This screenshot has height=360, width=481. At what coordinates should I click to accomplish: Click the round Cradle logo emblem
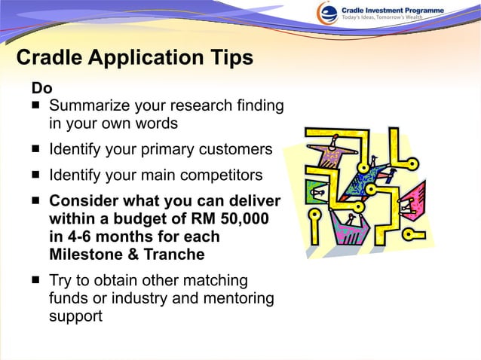coord(326,13)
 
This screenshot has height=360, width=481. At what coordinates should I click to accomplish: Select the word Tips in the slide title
coord(229,58)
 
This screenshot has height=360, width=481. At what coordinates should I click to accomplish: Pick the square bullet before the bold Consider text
coord(35,201)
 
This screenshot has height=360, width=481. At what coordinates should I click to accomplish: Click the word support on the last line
coord(75,316)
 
